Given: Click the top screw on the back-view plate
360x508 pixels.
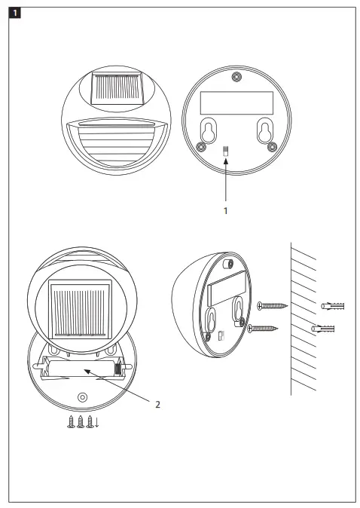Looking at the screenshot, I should click(x=237, y=76).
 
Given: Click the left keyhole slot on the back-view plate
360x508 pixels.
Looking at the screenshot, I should click(x=208, y=129).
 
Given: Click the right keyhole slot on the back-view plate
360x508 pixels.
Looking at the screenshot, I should click(x=264, y=129).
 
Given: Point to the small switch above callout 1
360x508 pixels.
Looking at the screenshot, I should click(x=227, y=151).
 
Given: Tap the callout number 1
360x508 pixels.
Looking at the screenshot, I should click(x=226, y=212).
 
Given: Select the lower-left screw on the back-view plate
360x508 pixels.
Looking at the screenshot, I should click(x=200, y=145).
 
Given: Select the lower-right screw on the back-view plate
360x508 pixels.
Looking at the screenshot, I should click(x=269, y=145).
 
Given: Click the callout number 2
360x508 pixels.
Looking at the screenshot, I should click(x=157, y=405).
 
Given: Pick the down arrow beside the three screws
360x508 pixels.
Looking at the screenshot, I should click(x=97, y=423).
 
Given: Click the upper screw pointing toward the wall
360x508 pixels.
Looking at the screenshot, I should click(x=271, y=306).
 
